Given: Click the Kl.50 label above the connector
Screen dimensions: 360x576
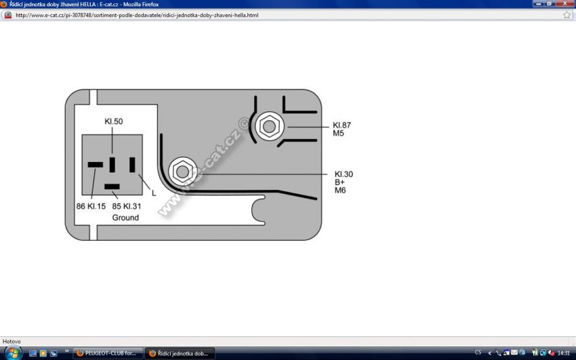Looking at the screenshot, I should pyautogui.click(x=113, y=121).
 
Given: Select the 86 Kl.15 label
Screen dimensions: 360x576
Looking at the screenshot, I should pyautogui.click(x=91, y=206).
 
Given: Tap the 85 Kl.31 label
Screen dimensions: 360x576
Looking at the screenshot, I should pyautogui.click(x=126, y=206).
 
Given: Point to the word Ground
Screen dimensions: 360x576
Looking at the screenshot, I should pyautogui.click(x=125, y=218).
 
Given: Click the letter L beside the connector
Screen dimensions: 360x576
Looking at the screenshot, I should pyautogui.click(x=154, y=193).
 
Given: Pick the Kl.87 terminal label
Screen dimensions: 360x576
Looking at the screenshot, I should pyautogui.click(x=342, y=125).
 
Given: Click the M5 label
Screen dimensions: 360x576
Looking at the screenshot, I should pyautogui.click(x=338, y=134).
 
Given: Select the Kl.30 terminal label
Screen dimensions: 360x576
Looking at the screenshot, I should pyautogui.click(x=344, y=174).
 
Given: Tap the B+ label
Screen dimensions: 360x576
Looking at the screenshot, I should pyautogui.click(x=340, y=182).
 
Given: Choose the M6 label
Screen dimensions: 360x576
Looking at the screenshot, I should pyautogui.click(x=340, y=191).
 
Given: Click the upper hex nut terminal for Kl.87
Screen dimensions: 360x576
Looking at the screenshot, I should pyautogui.click(x=268, y=126).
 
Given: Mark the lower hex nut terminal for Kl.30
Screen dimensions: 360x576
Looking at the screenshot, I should pyautogui.click(x=181, y=171).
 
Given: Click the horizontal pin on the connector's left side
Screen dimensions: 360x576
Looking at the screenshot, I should pyautogui.click(x=96, y=164).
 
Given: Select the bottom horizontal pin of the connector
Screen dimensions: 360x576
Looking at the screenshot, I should pyautogui.click(x=112, y=186).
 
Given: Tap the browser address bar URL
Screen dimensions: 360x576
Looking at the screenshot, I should pyautogui.click(x=136, y=15).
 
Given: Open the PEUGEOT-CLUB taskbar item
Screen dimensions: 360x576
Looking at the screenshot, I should pyautogui.click(x=107, y=353).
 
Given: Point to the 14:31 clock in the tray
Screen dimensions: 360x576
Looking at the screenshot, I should pyautogui.click(x=564, y=353).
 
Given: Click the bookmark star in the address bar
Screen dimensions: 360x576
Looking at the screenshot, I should pyautogui.click(x=567, y=15).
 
